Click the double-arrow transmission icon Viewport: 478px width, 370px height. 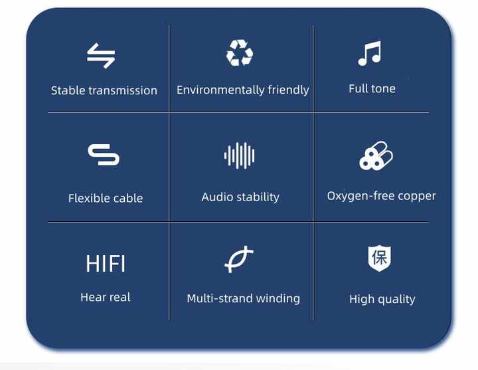click(101, 56)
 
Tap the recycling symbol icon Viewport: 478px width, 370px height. click(240, 52)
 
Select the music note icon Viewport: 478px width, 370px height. click(370, 53)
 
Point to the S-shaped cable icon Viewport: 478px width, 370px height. click(104, 155)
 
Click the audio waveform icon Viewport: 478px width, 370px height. click(239, 155)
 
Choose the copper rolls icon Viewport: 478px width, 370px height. click(376, 155)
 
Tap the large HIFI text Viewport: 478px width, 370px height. click(106, 264)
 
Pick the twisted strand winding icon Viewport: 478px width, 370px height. click(239, 259)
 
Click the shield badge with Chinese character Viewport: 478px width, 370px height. click(380, 258)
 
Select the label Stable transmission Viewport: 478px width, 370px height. click(104, 90)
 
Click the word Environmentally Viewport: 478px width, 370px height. click(220, 90)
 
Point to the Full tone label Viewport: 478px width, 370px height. click(372, 89)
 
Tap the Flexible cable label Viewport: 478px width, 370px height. click(106, 198)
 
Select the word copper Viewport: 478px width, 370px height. click(417, 197)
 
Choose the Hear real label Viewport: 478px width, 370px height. click(106, 297)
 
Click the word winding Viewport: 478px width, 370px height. click(278, 298)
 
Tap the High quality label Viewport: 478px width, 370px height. click(382, 299)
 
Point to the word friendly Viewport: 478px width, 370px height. click(288, 90)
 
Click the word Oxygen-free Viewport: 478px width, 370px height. click(361, 196)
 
